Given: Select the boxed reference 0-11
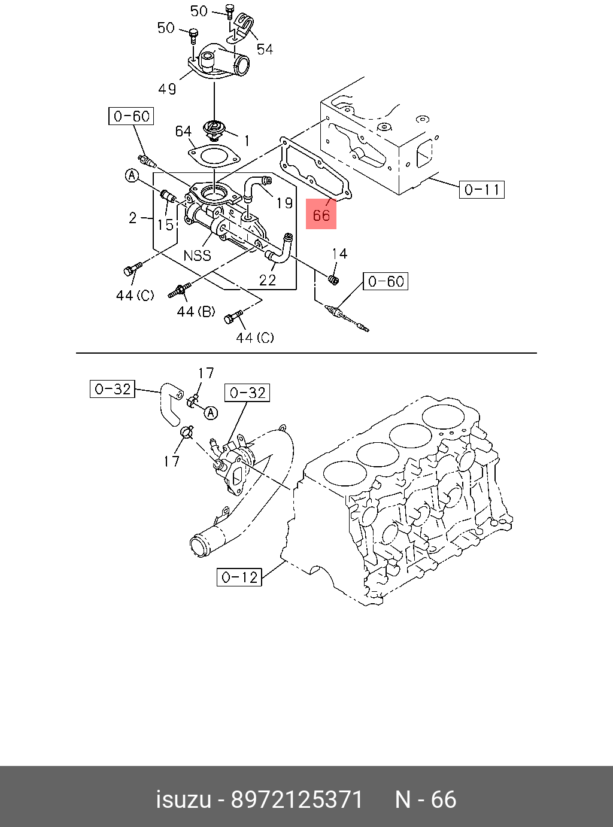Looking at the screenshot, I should click(482, 190).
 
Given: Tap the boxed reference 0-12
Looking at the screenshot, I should click(239, 577).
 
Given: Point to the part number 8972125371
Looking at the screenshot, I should click(297, 799).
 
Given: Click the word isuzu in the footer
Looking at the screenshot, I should click(184, 799).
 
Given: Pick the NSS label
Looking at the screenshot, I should click(198, 255).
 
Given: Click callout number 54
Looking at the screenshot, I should click(265, 49).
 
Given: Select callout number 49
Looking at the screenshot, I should click(167, 89).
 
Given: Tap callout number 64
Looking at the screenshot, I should click(183, 131).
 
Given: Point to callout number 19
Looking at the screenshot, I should click(284, 203).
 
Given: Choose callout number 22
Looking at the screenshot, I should click(268, 279).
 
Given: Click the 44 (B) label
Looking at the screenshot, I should click(196, 311).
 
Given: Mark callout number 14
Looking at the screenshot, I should click(339, 254).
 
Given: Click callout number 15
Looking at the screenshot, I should click(165, 224).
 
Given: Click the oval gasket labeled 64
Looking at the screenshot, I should click(214, 156).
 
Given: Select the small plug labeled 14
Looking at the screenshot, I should click(334, 279).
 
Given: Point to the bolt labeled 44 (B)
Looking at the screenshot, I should click(179, 291).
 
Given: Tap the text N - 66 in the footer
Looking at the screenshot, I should click(426, 799).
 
